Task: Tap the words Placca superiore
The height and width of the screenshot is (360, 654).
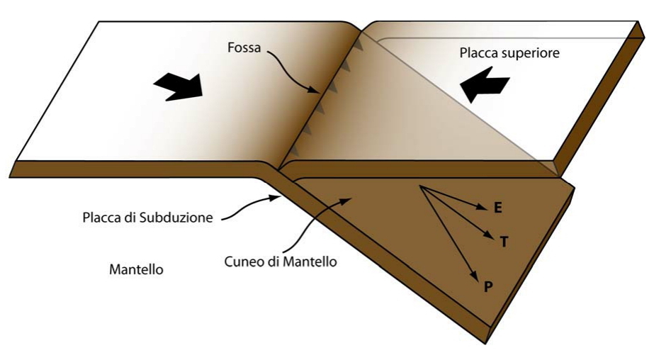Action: pyautogui.click(x=509, y=52)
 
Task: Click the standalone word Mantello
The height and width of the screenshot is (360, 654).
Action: pyautogui.click(x=137, y=270)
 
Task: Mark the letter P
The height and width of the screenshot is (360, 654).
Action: pyautogui.click(x=488, y=287)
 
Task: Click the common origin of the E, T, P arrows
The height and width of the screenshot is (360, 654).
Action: pyautogui.click(x=420, y=186)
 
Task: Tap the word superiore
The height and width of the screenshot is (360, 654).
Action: pyautogui.click(x=533, y=52)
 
